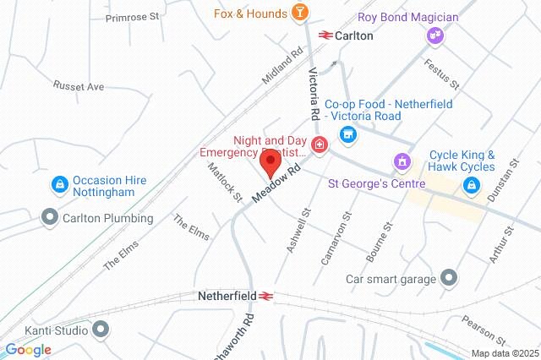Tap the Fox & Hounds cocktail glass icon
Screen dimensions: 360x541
click(x=299, y=12)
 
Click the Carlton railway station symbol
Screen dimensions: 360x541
click(x=325, y=35)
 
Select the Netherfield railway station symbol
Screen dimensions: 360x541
click(x=265, y=297)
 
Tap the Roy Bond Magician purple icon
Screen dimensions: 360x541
click(x=435, y=35)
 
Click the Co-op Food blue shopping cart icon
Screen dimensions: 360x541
click(x=347, y=134)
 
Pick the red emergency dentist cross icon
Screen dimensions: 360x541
click(x=320, y=145)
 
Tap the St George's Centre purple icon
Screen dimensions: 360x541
click(x=402, y=161)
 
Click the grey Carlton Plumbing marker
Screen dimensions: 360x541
click(x=50, y=218)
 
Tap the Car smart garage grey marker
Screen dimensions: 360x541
click(x=449, y=278)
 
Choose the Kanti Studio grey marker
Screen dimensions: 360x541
click(x=101, y=330)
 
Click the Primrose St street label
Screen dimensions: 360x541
click(x=132, y=16)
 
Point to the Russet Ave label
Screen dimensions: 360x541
click(x=78, y=86)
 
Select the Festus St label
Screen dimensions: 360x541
click(x=442, y=74)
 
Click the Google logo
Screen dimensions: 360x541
click(x=28, y=349)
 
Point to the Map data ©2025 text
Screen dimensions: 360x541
click(x=504, y=353)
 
